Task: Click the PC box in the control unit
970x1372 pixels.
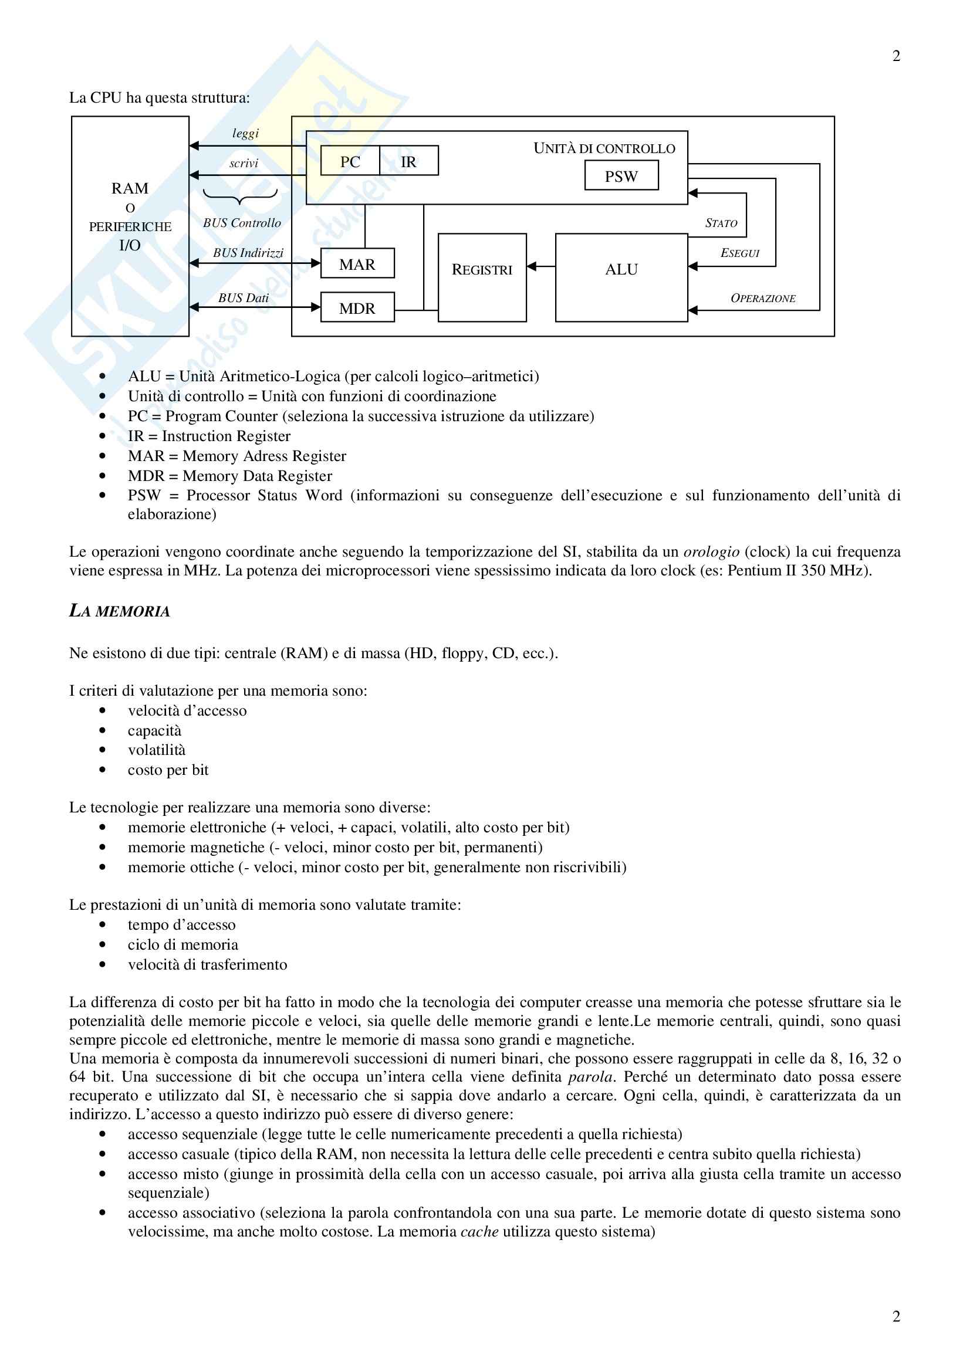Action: (350, 161)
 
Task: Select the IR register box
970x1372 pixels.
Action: (409, 161)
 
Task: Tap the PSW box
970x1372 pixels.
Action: (621, 176)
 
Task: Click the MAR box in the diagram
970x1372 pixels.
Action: (357, 263)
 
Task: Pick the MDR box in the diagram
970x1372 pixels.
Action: (357, 308)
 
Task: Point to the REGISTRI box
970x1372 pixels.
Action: (482, 278)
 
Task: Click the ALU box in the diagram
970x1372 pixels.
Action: (621, 278)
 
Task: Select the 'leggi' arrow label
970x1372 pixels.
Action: (246, 133)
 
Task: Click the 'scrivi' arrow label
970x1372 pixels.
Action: (244, 163)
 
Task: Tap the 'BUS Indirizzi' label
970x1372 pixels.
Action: (248, 253)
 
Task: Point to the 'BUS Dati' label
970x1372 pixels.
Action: (244, 297)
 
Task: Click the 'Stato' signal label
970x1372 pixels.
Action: (721, 223)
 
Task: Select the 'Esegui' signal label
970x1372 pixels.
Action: (739, 253)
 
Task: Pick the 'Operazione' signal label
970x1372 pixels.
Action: (763, 298)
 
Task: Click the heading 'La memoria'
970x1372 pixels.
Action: (120, 611)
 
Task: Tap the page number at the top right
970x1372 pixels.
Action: (896, 56)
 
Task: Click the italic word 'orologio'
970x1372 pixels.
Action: (711, 551)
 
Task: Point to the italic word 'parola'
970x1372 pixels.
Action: (590, 1077)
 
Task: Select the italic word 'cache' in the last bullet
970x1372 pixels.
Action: (479, 1232)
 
